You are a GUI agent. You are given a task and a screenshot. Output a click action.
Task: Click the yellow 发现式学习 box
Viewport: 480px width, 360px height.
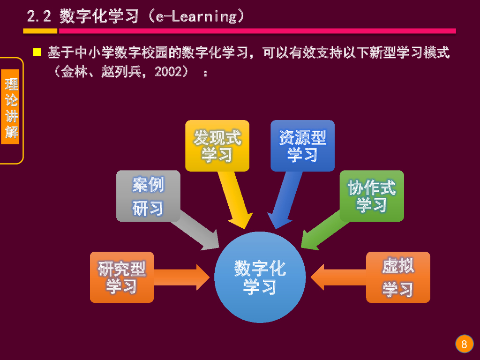217,146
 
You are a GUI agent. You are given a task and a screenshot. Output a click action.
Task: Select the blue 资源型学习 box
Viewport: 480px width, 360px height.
302,146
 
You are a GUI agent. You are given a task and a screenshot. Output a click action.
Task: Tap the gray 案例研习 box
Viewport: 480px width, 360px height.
148,196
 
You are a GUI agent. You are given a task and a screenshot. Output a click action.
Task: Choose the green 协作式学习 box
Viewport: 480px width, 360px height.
371,196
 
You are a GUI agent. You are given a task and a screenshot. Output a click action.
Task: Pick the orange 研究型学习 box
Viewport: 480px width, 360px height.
122,277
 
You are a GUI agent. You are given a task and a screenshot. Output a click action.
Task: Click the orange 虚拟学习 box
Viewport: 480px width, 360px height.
398,277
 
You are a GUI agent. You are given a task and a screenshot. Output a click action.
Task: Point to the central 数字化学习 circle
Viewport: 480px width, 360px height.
260,277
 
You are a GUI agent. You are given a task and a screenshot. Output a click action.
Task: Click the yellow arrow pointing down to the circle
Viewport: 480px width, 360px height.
237,202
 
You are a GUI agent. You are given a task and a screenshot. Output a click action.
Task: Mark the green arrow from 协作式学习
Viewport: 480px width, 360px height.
323,234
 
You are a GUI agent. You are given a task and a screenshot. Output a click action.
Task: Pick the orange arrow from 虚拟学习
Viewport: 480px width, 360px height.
337,277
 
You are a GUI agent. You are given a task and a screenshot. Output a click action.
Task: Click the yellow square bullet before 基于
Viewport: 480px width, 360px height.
37,52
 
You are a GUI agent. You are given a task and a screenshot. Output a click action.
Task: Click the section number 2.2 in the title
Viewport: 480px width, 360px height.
39,17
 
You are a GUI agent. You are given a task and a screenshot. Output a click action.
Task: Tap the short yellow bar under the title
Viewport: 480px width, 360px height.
40,31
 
